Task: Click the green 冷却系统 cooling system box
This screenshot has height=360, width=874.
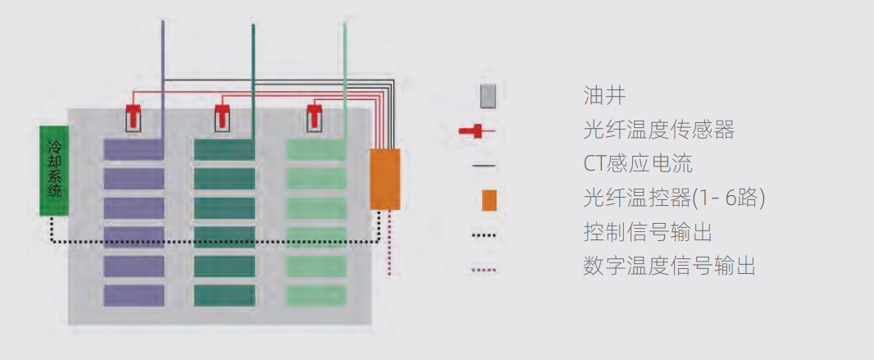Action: point(55,170)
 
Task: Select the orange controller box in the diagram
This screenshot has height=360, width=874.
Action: point(385,179)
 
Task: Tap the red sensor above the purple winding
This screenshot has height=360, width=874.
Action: point(133,116)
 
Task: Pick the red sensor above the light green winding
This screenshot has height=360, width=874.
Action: point(315,116)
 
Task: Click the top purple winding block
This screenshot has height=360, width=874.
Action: point(134,149)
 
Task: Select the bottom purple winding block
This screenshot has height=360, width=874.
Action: point(134,295)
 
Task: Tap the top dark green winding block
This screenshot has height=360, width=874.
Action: point(224,149)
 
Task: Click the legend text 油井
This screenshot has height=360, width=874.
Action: point(604,96)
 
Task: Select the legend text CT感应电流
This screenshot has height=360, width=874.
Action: point(638,164)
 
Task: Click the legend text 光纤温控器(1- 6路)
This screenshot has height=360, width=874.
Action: point(674,198)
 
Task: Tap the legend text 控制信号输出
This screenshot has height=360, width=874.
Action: point(647,232)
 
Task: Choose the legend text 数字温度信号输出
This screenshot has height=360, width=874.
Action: point(669,267)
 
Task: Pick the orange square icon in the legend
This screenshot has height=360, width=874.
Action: point(489,199)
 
